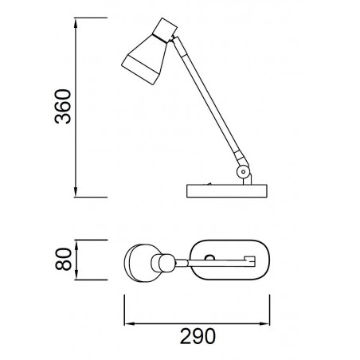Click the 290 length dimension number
click(x=198, y=337)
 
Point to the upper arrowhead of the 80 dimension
click(x=76, y=242)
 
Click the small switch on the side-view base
click(x=209, y=182)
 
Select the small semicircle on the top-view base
click(x=211, y=256)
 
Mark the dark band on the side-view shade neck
click(x=170, y=35)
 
